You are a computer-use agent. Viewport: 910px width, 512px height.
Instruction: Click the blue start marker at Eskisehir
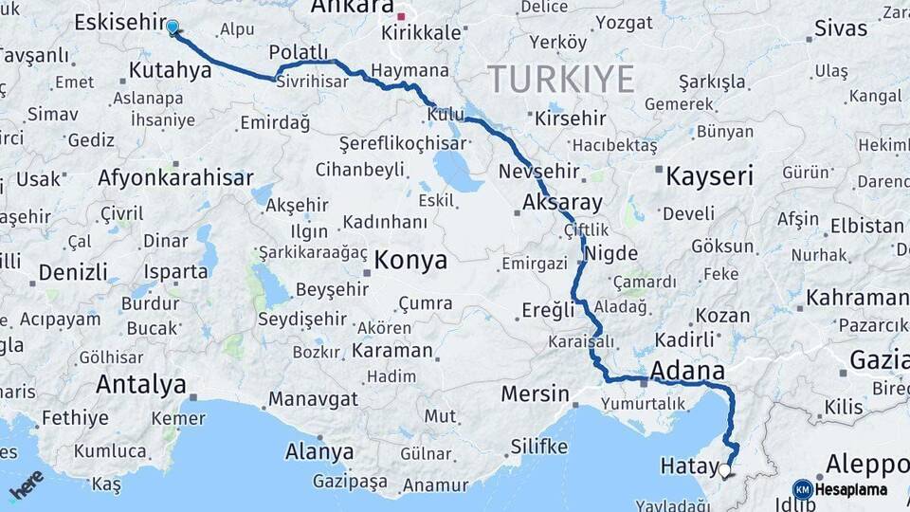coord(173,27)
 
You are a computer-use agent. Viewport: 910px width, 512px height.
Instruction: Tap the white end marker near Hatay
coord(725,469)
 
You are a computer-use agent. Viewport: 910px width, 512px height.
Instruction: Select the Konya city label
coord(410,260)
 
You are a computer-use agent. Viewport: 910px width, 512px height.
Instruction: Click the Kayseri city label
coord(709,175)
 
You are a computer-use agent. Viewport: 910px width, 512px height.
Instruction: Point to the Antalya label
coord(141,385)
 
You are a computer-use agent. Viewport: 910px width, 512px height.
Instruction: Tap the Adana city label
coord(687,370)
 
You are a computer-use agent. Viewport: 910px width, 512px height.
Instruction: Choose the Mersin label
coord(535,393)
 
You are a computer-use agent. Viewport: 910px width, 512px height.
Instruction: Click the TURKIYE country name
coord(560,79)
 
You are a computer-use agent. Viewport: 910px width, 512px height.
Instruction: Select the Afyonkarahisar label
coord(175,178)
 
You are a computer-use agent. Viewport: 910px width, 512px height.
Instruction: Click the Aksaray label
coord(562,202)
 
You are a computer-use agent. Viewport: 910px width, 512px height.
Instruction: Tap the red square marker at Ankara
coord(402,16)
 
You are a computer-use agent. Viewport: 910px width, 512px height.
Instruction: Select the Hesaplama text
coord(850,490)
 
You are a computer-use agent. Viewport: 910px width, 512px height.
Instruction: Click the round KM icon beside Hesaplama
coord(802,489)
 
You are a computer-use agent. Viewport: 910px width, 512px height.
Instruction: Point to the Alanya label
coord(319,451)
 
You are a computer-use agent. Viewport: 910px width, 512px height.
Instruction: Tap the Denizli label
coord(73,273)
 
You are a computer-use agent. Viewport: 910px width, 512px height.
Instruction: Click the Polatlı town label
coord(298,52)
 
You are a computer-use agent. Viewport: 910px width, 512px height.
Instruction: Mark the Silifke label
coord(538,446)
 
